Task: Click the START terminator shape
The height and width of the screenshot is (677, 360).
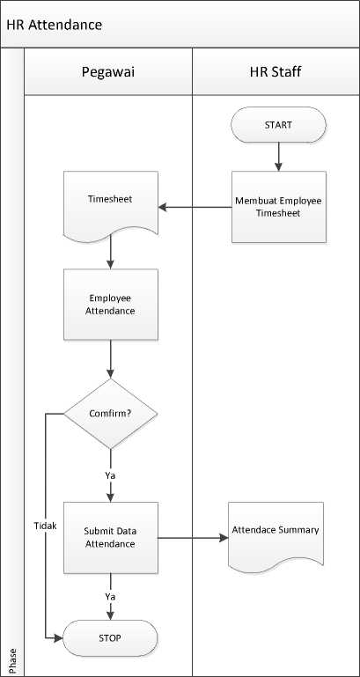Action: (x=278, y=125)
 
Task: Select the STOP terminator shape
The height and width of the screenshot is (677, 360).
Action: (x=110, y=637)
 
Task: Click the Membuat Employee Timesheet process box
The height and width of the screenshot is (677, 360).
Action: (x=279, y=207)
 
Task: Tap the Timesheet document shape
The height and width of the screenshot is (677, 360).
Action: (x=111, y=205)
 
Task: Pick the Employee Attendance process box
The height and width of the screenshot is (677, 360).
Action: (x=111, y=305)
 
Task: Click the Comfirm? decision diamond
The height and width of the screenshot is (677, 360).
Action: (x=111, y=414)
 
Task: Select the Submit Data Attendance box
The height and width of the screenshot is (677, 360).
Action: (x=111, y=538)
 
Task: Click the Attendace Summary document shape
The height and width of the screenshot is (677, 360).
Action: (x=276, y=535)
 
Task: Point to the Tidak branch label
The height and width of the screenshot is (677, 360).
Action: (x=45, y=526)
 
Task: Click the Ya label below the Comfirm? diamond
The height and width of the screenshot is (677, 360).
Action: (x=111, y=475)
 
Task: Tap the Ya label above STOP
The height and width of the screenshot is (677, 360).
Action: (x=111, y=597)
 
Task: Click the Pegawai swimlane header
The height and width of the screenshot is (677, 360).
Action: (x=108, y=71)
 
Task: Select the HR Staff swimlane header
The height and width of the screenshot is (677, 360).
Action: (x=276, y=71)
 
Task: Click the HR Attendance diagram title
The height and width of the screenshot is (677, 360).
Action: (x=55, y=25)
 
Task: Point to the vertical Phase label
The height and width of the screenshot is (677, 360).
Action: (x=12, y=660)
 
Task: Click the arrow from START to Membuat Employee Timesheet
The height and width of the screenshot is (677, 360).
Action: (x=278, y=158)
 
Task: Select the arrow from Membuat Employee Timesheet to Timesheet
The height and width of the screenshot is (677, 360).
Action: (x=195, y=207)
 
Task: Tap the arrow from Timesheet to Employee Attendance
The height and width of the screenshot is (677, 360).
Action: (x=111, y=252)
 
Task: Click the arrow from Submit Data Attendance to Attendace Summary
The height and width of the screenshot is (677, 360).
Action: (x=193, y=538)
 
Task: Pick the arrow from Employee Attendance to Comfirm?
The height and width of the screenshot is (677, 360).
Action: (x=111, y=359)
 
